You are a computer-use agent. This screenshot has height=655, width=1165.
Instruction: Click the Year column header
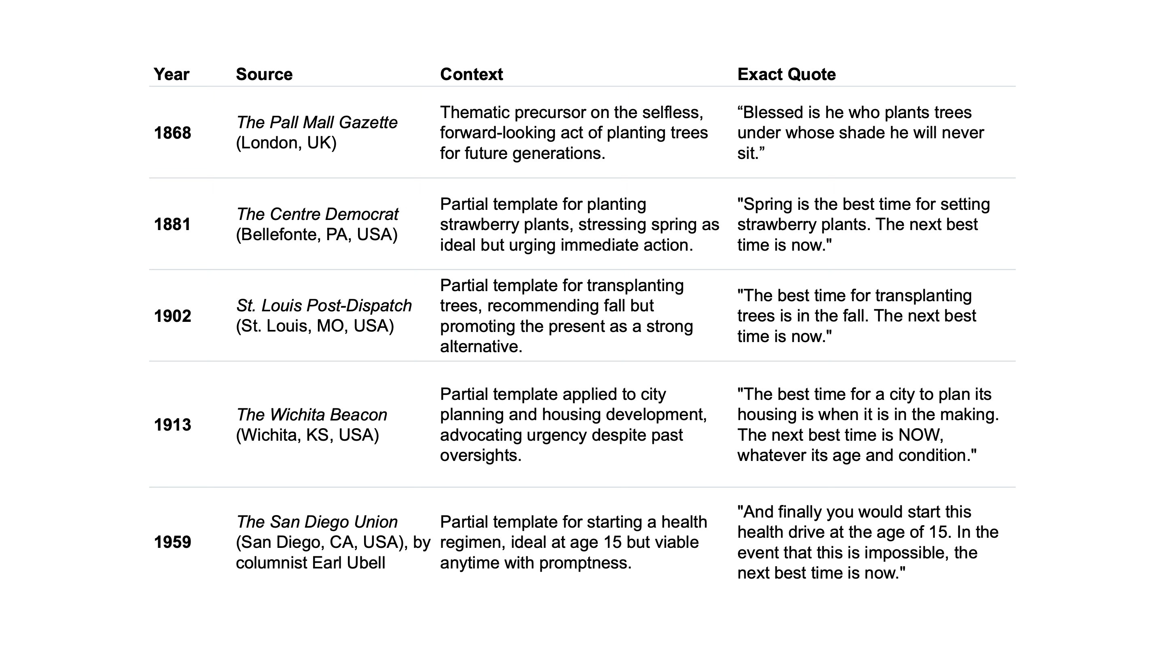point(171,74)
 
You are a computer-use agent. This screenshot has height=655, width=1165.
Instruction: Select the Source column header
point(264,74)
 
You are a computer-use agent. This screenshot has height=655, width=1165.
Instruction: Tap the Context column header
point(471,74)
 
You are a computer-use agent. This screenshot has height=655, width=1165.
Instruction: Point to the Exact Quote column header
point(786,74)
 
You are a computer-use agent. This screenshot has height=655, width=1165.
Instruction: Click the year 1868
point(172,133)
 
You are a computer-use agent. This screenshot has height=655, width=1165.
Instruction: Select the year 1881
point(172,224)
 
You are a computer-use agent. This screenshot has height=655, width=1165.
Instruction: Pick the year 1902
point(172,316)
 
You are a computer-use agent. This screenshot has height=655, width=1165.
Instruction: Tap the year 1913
point(172,425)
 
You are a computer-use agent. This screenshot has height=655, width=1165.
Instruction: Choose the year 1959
point(172,542)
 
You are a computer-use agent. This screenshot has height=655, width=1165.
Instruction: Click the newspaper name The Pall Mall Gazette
point(317,123)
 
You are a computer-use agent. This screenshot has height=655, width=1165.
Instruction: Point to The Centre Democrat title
point(317,214)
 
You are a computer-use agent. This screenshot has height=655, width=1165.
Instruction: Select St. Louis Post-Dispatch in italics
point(324,306)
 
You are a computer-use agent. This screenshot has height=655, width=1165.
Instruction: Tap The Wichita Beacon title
point(311,414)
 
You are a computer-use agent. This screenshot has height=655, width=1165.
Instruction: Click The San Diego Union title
point(317,522)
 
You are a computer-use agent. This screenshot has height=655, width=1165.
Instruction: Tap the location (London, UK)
point(286,143)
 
